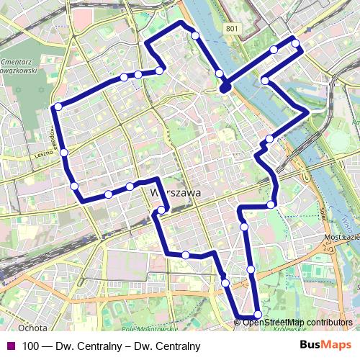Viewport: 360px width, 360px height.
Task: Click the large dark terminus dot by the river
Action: click(x=225, y=87)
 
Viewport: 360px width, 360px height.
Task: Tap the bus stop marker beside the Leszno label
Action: click(x=64, y=153)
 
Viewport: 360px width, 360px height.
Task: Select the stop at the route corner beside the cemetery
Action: click(x=57, y=107)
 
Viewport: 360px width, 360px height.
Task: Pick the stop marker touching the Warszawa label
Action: click(x=161, y=210)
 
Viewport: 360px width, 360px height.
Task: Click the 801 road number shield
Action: click(x=230, y=29)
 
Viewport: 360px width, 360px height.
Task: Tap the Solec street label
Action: click(x=321, y=209)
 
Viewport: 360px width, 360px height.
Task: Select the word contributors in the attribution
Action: click(x=330, y=322)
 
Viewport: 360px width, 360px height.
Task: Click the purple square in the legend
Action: click(x=9, y=346)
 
